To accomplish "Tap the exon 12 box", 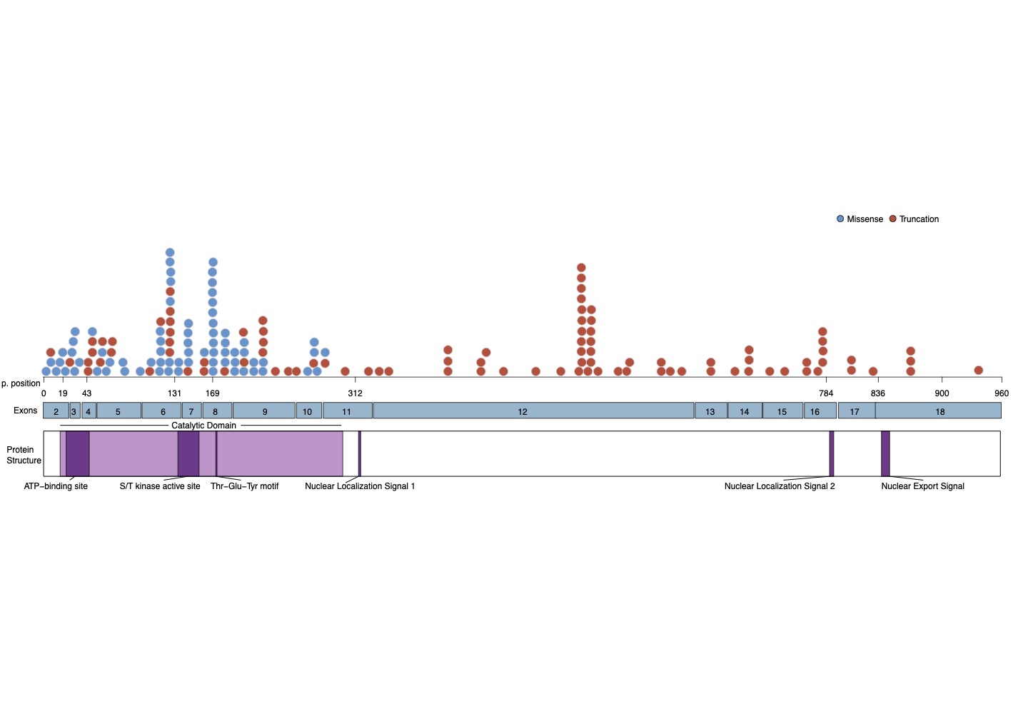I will pyautogui.click(x=523, y=411).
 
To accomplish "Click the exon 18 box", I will pyautogui.click(x=939, y=411).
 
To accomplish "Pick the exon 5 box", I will pyautogui.click(x=118, y=411).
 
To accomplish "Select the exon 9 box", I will pyautogui.click(x=264, y=411).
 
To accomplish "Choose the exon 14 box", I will pyautogui.click(x=745, y=411).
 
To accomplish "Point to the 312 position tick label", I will pyautogui.click(x=355, y=393).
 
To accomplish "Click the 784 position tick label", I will pyautogui.click(x=826, y=393).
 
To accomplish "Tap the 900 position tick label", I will pyautogui.click(x=942, y=393).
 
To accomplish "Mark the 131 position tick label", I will pyautogui.click(x=174, y=393).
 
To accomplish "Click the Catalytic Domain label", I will pyautogui.click(x=203, y=426).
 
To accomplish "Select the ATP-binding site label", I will pyautogui.click(x=56, y=486).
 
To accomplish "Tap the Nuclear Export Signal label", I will pyautogui.click(x=922, y=486).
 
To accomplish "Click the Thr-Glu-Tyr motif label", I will pyautogui.click(x=244, y=486).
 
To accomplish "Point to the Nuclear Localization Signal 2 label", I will pyautogui.click(x=780, y=486).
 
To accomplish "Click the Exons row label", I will pyautogui.click(x=25, y=411).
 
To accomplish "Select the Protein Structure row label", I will pyautogui.click(x=24, y=455).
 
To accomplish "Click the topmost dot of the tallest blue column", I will pyautogui.click(x=170, y=253).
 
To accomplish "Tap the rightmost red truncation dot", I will pyautogui.click(x=978, y=371).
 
